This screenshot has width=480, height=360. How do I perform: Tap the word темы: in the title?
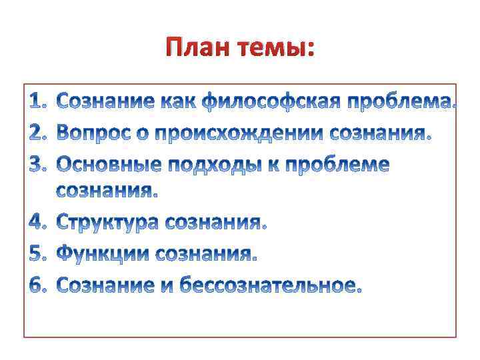[x=275, y=48]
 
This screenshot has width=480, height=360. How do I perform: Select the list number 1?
[x=39, y=103]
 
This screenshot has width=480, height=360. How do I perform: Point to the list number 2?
[x=39, y=133]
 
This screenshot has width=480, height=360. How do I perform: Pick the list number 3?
[x=39, y=164]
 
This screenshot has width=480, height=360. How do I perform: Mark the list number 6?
[x=39, y=285]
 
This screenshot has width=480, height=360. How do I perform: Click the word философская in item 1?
[x=271, y=103]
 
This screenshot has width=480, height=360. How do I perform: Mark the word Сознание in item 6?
[x=106, y=285]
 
